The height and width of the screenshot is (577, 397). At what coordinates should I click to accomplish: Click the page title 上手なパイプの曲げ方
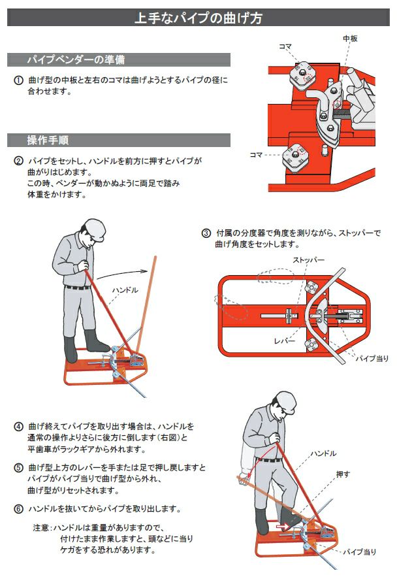198,18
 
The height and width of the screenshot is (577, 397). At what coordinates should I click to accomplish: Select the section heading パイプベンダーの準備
76,59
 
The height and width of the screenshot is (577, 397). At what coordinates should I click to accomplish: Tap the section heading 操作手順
48,140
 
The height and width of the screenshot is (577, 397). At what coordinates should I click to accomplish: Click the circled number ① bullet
18,80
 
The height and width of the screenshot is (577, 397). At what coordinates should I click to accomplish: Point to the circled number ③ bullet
206,233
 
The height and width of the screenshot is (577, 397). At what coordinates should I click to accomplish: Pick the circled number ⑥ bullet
18,509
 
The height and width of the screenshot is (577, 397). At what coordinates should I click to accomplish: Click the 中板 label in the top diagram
350,39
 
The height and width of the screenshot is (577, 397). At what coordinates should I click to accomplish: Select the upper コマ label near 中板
285,47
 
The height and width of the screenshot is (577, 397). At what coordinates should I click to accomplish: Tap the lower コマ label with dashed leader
256,155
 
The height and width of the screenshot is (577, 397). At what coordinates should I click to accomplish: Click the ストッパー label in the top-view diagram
308,260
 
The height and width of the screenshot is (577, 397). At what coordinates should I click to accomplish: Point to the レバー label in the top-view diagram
285,340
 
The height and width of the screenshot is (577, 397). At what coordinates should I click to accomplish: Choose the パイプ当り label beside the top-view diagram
372,358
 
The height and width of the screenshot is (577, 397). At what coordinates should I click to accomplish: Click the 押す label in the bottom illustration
343,474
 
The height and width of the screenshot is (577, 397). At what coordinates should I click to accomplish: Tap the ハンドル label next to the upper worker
125,290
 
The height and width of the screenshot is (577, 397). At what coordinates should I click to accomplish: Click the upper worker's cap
93,229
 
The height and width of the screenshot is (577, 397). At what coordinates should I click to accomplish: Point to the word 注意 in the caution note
40,528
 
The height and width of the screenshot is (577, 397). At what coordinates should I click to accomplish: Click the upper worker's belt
77,287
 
